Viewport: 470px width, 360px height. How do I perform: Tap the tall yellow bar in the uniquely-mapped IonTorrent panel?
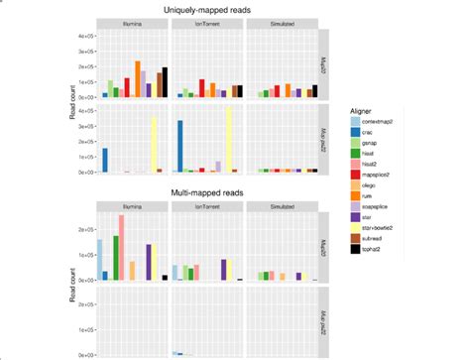tap(229, 140)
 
